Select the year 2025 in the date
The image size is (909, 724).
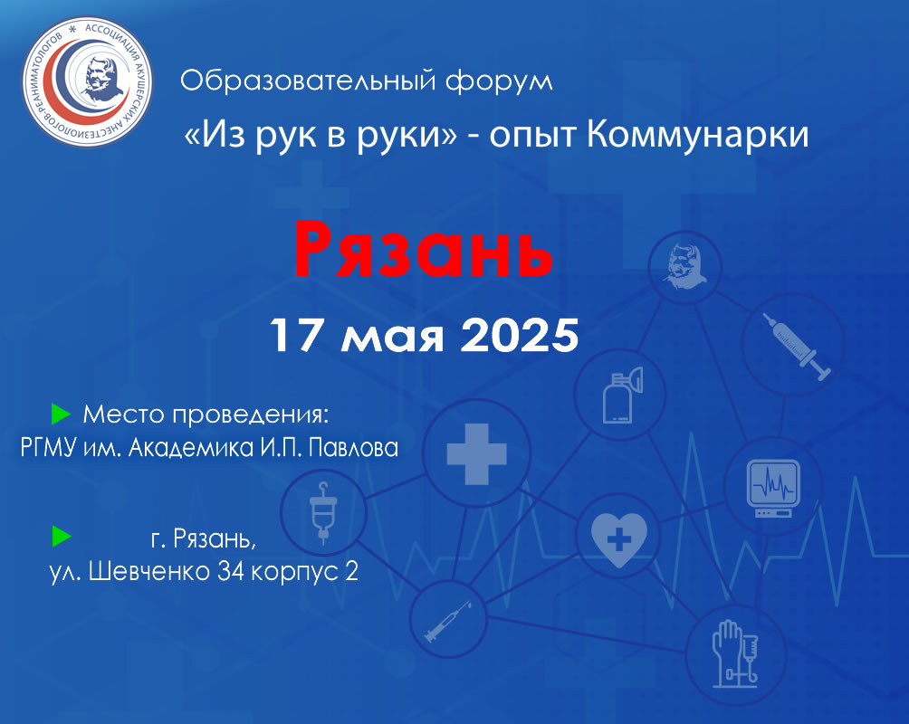click(520, 335)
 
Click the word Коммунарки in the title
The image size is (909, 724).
click(697, 134)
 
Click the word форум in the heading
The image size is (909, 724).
click(499, 81)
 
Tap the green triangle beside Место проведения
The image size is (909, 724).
click(61, 414)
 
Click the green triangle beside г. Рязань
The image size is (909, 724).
click(62, 536)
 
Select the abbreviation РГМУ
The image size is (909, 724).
click(49, 447)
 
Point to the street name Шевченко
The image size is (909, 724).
click(149, 572)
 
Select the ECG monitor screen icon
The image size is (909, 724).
click(773, 488)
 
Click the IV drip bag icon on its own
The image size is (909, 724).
click(323, 512)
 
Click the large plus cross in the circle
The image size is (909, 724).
click(476, 454)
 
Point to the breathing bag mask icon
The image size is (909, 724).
click(623, 395)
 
